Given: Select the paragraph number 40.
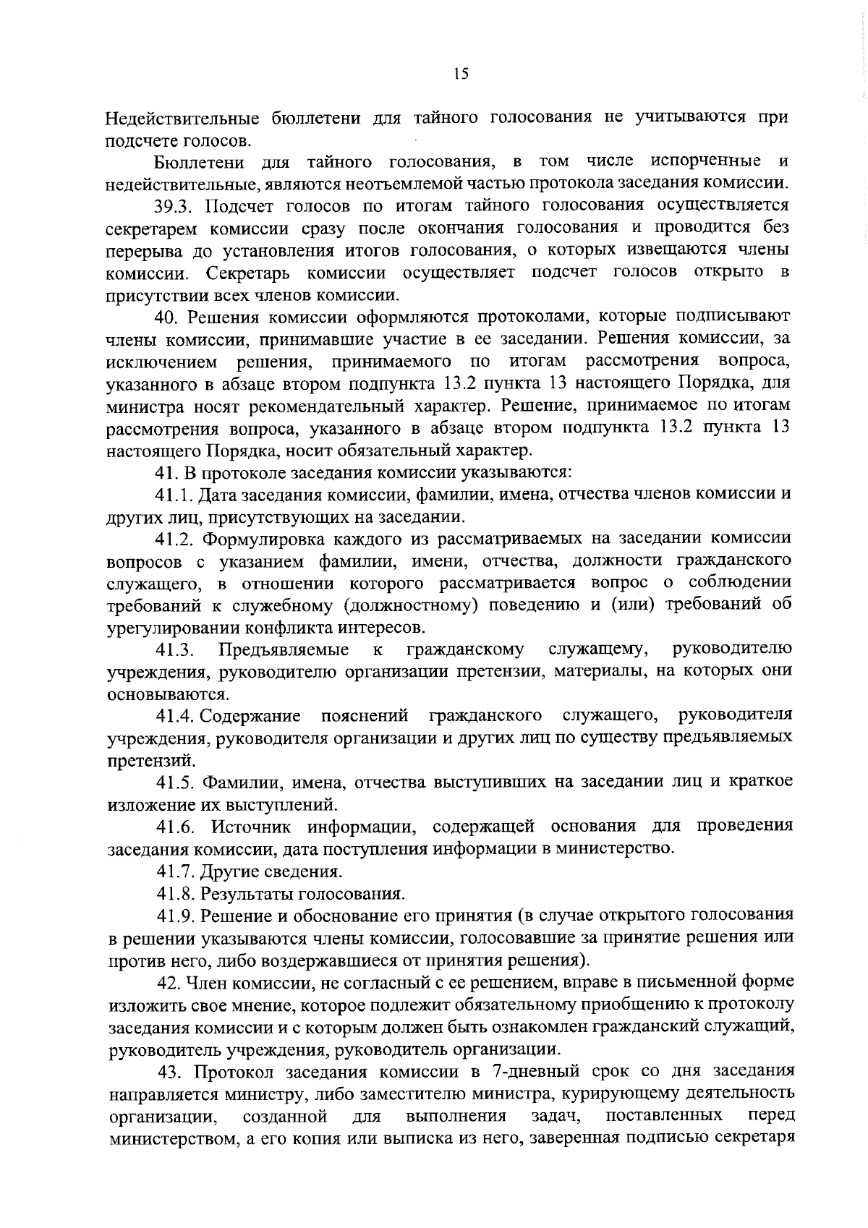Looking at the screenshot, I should [168, 317].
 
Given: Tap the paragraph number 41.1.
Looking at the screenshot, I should [174, 495].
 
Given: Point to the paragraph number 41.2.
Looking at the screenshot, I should [175, 539].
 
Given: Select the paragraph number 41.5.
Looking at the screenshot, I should [175, 783].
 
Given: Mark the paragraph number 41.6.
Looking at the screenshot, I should [175, 827].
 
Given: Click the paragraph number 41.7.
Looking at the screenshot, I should [174, 871].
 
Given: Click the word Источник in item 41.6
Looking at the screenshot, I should [248, 827].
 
